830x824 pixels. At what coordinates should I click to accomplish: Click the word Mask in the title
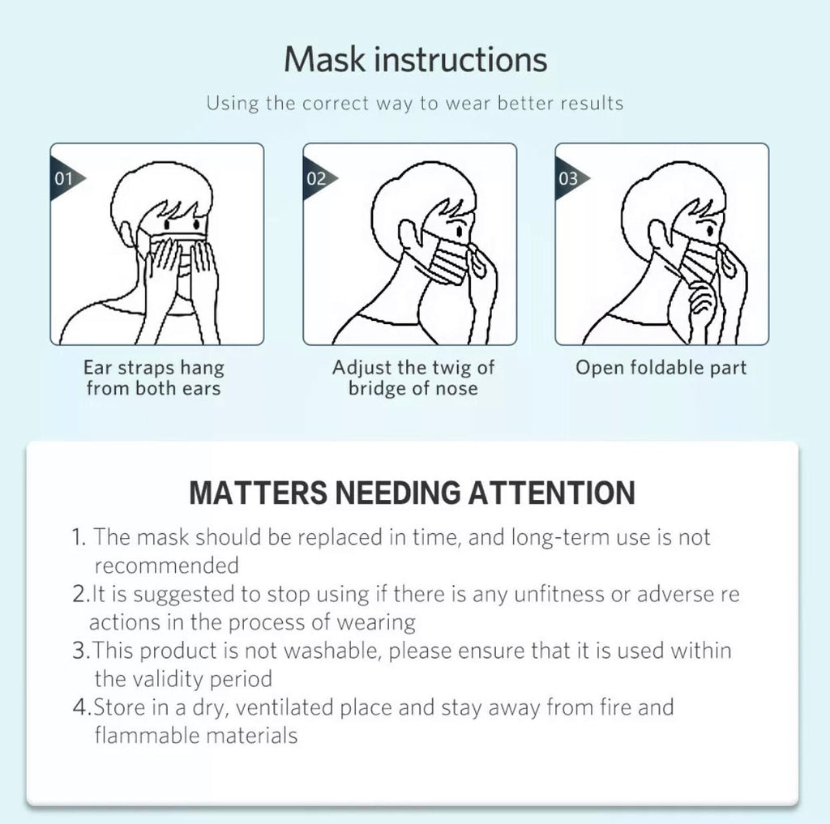(x=324, y=59)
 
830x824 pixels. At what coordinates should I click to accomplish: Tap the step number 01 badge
(x=66, y=178)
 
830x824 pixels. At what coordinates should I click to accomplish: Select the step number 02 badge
(x=318, y=178)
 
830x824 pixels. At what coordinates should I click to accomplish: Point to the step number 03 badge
(x=570, y=178)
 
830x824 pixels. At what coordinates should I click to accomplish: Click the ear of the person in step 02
(x=409, y=236)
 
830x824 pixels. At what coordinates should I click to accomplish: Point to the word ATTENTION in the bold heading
(x=551, y=493)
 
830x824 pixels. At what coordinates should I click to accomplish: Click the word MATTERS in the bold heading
(x=259, y=493)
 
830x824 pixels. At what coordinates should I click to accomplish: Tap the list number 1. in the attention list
(x=79, y=537)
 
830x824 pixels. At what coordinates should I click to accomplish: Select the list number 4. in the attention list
(x=82, y=707)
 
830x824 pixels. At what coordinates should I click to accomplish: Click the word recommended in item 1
(x=167, y=566)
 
